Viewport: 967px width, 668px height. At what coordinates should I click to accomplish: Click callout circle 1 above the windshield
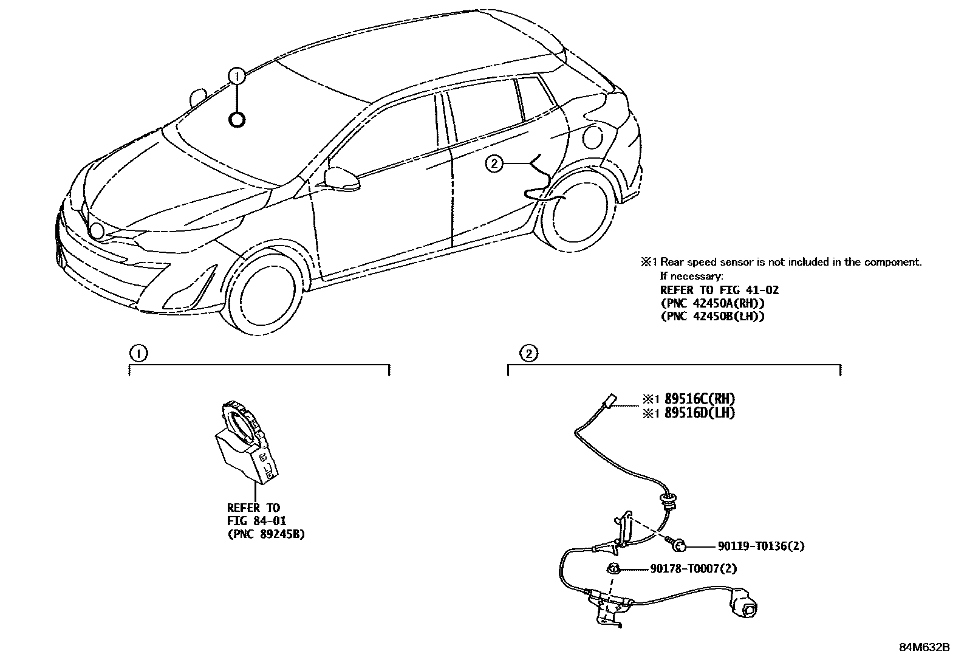pyautogui.click(x=237, y=76)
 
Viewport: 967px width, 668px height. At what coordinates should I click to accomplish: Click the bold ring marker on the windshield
pyautogui.click(x=237, y=120)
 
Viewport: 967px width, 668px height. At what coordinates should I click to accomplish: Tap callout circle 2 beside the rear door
pyautogui.click(x=495, y=163)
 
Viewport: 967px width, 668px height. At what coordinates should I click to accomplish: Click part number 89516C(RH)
pyautogui.click(x=699, y=399)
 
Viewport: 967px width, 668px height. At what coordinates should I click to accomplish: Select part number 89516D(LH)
pyautogui.click(x=699, y=413)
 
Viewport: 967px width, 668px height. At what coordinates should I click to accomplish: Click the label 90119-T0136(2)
pyautogui.click(x=760, y=546)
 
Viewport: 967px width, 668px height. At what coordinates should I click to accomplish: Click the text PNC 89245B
pyautogui.click(x=266, y=534)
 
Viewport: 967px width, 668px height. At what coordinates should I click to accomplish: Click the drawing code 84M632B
pyautogui.click(x=924, y=647)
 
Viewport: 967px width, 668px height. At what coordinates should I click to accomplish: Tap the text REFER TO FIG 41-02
pyautogui.click(x=719, y=289)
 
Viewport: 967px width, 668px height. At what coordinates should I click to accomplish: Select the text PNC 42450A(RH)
pyautogui.click(x=712, y=303)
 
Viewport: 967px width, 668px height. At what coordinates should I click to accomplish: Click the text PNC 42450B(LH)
pyautogui.click(x=712, y=316)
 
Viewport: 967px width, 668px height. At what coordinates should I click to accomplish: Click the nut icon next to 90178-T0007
pyautogui.click(x=613, y=569)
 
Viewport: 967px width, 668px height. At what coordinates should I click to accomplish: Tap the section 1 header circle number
pyautogui.click(x=138, y=353)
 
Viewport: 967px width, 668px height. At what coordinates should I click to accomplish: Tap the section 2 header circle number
pyautogui.click(x=528, y=353)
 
